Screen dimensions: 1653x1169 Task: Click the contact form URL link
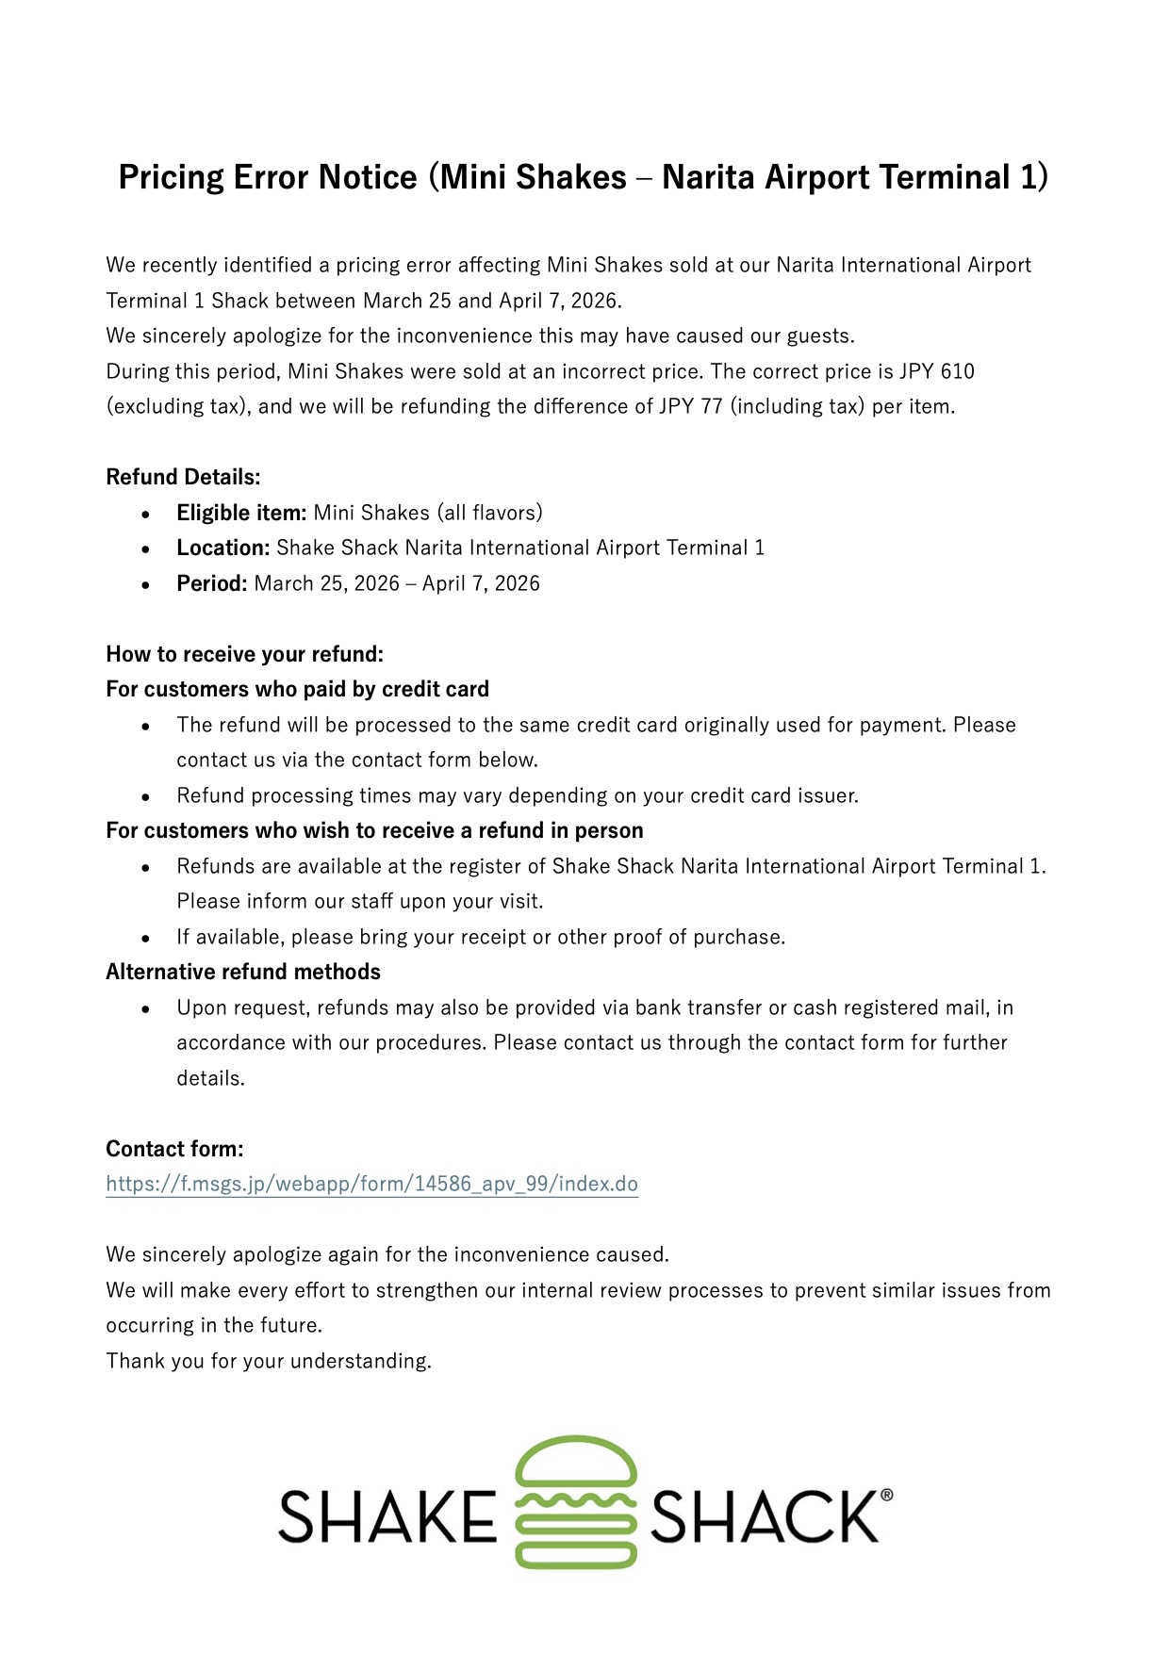click(x=371, y=1184)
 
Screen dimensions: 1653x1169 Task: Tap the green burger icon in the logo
click(x=576, y=1501)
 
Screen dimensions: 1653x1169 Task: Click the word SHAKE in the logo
click(x=387, y=1516)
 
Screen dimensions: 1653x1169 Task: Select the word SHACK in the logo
click(x=764, y=1516)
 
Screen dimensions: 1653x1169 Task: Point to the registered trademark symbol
click(x=886, y=1494)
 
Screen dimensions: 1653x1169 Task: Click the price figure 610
click(x=957, y=371)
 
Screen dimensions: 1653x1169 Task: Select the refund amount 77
click(x=711, y=406)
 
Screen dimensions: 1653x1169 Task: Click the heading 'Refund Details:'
click(x=183, y=477)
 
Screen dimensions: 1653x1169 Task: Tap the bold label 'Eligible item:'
click(x=241, y=513)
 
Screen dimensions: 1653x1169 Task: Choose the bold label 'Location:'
click(x=223, y=548)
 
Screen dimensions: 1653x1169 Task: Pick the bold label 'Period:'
click(x=211, y=583)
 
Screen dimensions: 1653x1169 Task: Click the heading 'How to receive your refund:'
click(x=244, y=654)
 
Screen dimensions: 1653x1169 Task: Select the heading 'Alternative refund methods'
click(x=243, y=972)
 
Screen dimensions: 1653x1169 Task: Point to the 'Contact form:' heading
click(x=174, y=1149)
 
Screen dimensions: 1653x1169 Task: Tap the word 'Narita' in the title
click(x=708, y=177)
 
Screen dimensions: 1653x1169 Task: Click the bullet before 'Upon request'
click(x=145, y=1008)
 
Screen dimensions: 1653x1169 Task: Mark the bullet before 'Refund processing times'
click(x=145, y=796)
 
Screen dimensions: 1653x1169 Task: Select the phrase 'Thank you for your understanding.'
click(x=269, y=1361)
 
